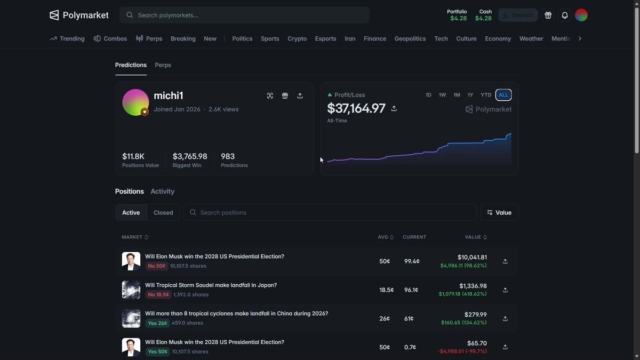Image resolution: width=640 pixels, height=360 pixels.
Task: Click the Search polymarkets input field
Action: coord(244,15)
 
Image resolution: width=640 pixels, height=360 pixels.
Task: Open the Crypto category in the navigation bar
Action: coord(297,38)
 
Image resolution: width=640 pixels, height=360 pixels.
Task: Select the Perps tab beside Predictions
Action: coord(163,65)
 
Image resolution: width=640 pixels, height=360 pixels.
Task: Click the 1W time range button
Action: coord(442,95)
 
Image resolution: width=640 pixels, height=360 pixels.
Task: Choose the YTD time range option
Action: coord(486,95)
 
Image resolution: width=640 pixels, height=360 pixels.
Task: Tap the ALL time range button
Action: coord(503,95)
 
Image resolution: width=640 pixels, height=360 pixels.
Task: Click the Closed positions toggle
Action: coord(163,213)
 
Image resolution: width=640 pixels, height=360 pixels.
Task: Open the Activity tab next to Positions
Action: coord(162,191)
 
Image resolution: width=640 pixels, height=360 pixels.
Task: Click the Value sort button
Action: coord(499,213)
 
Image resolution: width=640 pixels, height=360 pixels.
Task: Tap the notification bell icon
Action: coord(565,15)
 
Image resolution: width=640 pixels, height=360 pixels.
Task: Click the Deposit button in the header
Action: coord(518,15)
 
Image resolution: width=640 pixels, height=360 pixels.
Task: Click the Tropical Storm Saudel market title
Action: coord(211,285)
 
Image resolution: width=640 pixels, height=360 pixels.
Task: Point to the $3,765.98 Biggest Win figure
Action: coord(190,156)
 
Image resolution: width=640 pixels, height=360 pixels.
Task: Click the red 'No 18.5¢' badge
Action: coord(158,294)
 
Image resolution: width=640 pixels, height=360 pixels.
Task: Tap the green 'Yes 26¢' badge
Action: coord(157,323)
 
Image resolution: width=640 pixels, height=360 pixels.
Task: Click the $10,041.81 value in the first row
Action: coord(473,257)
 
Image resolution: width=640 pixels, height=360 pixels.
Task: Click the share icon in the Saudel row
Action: coord(505,290)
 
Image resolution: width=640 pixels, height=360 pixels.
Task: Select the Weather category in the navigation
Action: coord(531,38)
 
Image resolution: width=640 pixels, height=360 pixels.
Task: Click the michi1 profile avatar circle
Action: coord(135,102)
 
